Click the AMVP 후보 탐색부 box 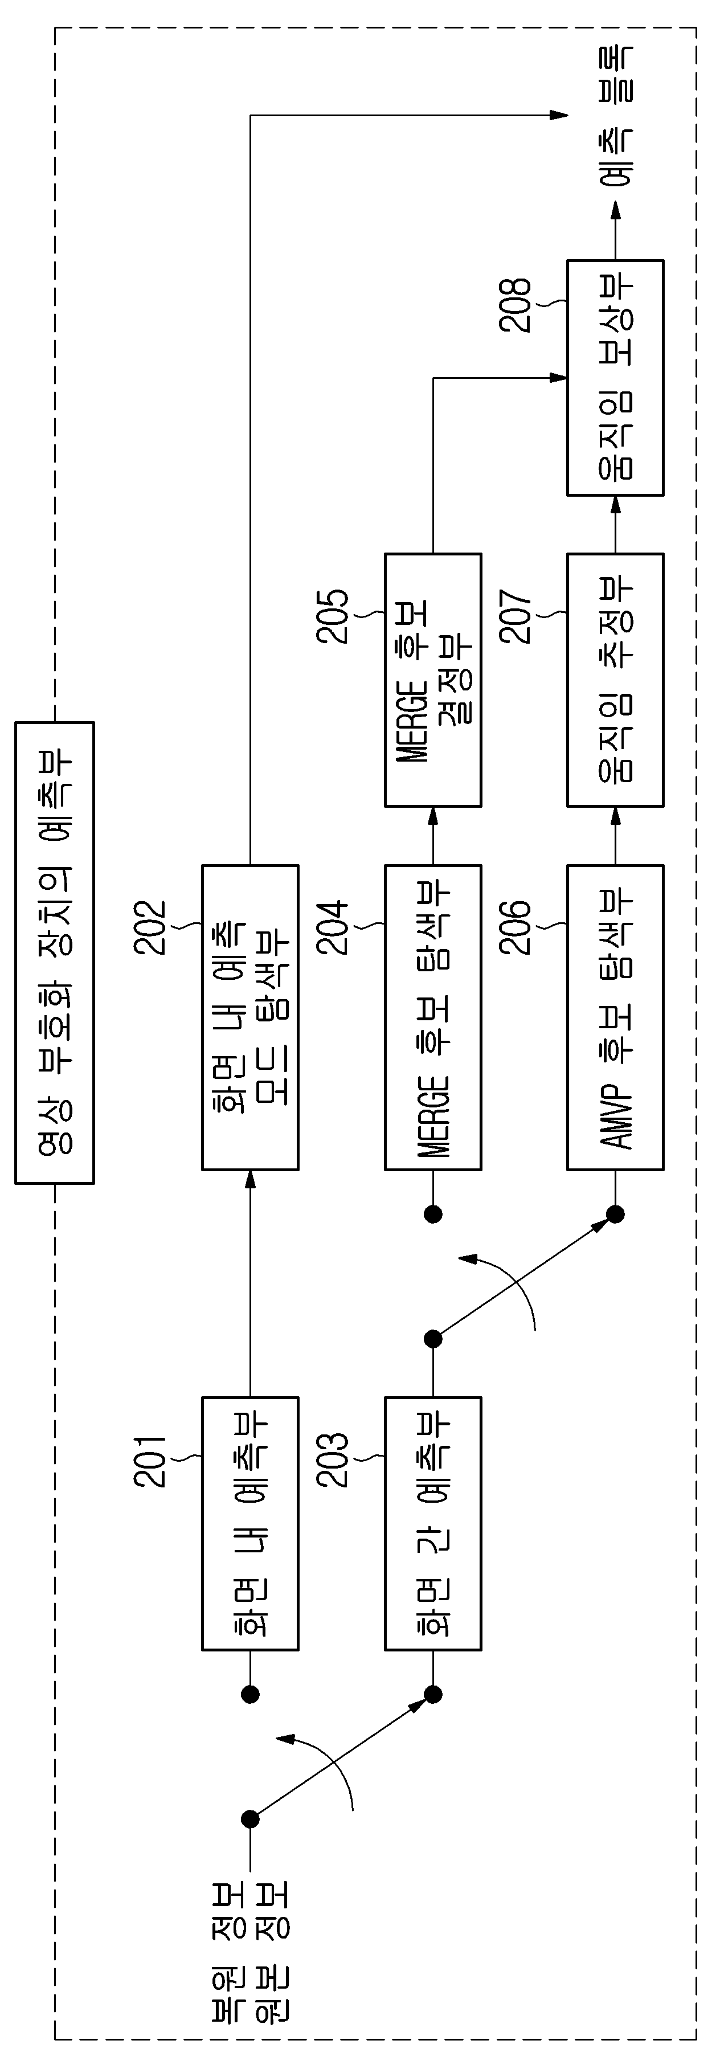coord(615,1017)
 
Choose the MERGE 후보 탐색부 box coord(433,1017)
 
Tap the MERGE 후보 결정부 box coord(433,680)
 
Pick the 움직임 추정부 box coord(615,680)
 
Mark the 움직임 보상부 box coord(615,378)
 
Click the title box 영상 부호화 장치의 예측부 coord(55,952)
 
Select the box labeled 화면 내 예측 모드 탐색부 coord(250,1017)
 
